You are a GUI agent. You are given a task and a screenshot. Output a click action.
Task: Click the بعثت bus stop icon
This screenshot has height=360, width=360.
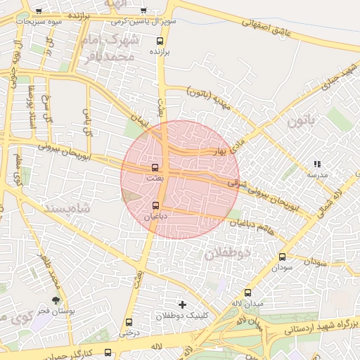coord(155,167)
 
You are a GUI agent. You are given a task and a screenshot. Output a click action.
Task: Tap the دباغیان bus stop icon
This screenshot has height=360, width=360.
coord(155,205)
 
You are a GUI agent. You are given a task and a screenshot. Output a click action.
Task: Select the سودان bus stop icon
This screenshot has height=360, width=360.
coord(282,257)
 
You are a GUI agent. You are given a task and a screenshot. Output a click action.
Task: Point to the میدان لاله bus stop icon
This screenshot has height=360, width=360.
coord(247,292)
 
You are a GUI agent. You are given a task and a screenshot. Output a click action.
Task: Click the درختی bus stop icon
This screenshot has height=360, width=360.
coord(129,322)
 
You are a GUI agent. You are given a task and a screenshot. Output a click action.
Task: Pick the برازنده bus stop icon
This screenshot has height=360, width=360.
coord(168,41)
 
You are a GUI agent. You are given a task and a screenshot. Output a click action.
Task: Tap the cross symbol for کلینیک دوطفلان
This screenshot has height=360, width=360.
coord(183,304)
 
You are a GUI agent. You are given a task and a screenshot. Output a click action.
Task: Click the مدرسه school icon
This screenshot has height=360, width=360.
coord(317,164)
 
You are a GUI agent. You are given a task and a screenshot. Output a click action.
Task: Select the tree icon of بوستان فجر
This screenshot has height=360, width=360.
coord(56,300)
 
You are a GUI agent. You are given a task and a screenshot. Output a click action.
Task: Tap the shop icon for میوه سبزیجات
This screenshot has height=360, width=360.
coord(37,11)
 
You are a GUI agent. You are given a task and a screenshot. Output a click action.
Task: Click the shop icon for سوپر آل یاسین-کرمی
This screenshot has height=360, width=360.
coord(143,11)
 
